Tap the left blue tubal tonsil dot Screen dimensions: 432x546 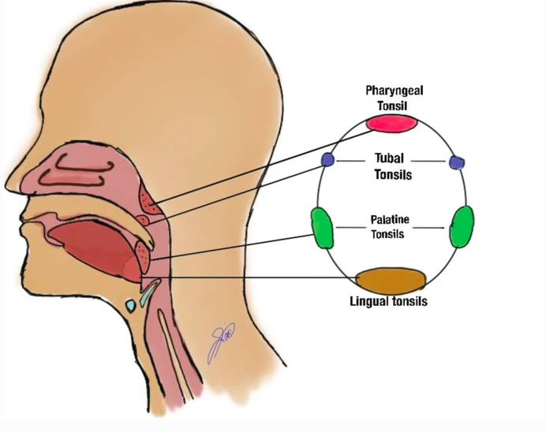point(328,160)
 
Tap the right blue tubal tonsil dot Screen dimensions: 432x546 point(455,162)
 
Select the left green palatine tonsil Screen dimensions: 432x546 point(322,227)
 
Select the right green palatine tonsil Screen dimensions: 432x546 point(462,227)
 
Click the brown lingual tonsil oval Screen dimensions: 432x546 point(391,280)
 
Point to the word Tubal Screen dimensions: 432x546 point(389,158)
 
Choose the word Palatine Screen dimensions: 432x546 point(387,220)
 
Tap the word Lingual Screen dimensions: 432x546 point(371,301)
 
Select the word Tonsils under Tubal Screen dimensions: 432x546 point(391,174)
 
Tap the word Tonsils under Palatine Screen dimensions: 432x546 point(387,234)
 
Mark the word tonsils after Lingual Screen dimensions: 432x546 point(411,301)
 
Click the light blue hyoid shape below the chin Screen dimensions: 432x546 point(130,303)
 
